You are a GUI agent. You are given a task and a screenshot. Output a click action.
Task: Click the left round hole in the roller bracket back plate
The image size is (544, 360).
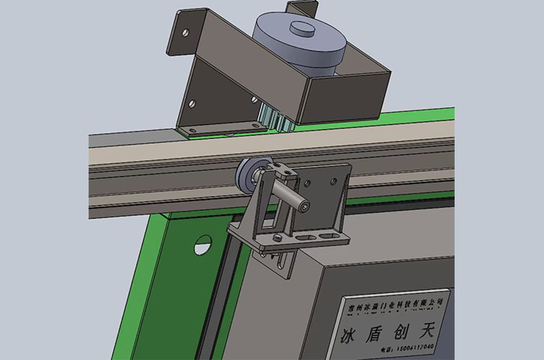(310, 183)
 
